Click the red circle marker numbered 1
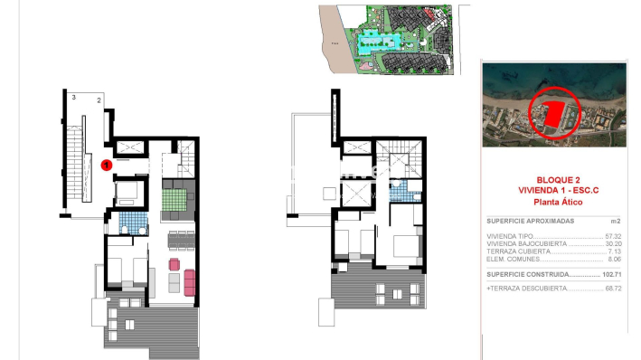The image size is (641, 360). point(106,165)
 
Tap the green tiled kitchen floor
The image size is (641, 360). point(173,195)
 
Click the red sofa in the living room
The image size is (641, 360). point(189,281)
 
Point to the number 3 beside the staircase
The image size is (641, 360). point(71,95)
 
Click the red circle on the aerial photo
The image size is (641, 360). point(552,113)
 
